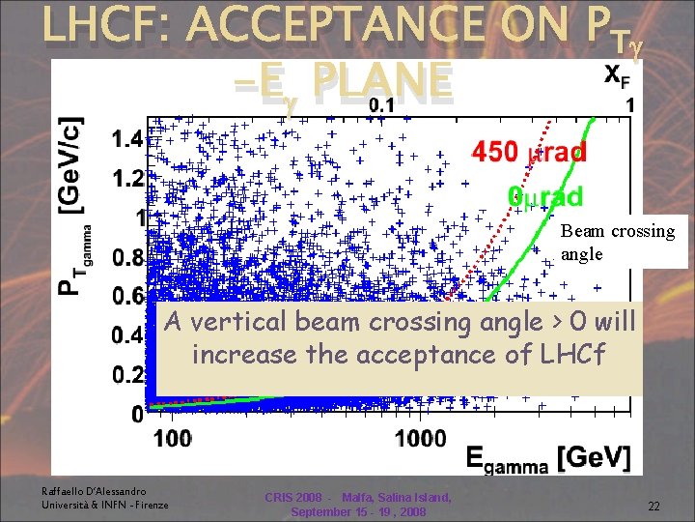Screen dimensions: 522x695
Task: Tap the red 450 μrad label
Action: click(x=528, y=152)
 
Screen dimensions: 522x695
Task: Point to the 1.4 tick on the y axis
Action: click(x=126, y=138)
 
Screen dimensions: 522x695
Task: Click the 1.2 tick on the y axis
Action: click(x=126, y=178)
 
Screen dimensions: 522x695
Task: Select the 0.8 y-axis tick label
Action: click(x=126, y=258)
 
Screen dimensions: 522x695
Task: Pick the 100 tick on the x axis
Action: click(x=172, y=440)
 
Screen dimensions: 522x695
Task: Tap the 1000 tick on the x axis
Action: click(x=420, y=440)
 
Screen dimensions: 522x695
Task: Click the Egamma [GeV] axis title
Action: click(x=547, y=457)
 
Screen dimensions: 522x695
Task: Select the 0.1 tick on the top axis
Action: click(x=385, y=104)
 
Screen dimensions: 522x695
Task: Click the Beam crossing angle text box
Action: click(x=617, y=243)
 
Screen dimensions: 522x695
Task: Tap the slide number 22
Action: click(x=653, y=506)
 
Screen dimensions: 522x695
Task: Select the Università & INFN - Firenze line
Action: click(x=104, y=505)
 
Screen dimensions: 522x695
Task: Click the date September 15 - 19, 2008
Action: click(x=357, y=510)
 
